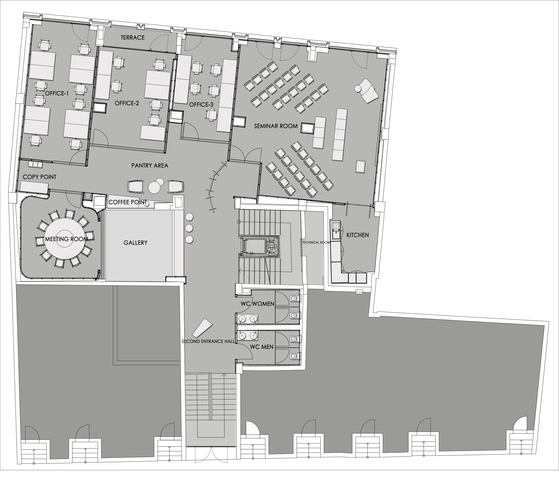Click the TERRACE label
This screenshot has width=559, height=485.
133,38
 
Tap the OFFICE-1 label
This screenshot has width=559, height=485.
57,93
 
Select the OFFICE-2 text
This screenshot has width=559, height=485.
127,103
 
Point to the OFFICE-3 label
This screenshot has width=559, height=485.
201,104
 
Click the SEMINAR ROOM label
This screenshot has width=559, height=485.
276,126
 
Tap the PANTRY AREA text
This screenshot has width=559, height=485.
150,165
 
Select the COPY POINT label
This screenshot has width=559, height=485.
39,177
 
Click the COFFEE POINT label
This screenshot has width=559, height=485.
128,202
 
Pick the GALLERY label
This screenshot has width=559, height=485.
135,242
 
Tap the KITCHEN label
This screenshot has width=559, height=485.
358,235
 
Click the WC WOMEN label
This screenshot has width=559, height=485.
257,304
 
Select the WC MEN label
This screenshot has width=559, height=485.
261,347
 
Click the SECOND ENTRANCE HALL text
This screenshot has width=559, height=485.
208,341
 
